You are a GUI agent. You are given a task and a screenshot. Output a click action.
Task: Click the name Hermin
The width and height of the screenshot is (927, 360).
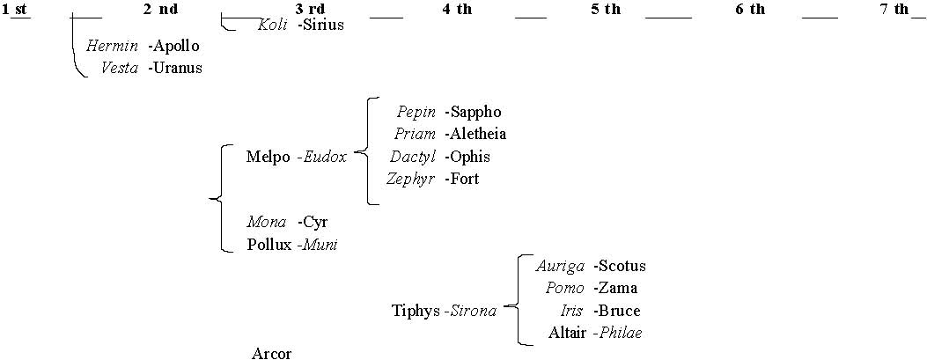coord(112,46)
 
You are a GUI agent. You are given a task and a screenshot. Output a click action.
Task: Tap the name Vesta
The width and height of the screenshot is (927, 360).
coord(120,68)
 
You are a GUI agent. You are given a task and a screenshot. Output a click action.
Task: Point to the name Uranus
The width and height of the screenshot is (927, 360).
coord(176,68)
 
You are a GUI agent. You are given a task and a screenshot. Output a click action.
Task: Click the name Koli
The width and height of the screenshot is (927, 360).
coord(272,25)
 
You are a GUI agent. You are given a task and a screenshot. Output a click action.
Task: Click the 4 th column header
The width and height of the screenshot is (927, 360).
coord(457,10)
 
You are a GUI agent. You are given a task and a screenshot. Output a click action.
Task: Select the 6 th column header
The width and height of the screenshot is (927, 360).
coord(749,10)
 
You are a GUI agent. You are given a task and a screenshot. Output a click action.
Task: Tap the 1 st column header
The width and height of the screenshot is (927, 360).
coord(16,10)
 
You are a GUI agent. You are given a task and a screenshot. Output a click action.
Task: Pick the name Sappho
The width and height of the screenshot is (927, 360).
coord(475,112)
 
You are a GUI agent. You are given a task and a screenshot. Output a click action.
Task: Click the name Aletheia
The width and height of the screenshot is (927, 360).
coord(477,134)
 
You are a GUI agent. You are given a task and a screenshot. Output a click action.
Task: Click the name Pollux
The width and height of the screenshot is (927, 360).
coord(269,245)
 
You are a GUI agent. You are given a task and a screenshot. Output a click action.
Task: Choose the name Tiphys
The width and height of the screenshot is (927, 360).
coord(416,311)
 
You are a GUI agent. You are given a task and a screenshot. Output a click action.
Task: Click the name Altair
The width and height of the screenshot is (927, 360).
coord(567,333)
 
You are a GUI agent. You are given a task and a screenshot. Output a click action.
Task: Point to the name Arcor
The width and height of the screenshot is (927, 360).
coord(271,354)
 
